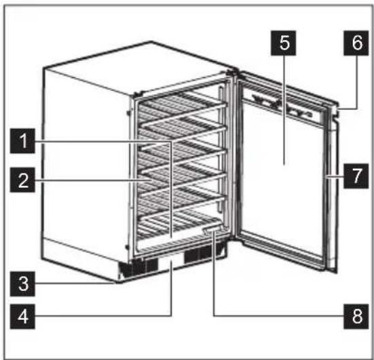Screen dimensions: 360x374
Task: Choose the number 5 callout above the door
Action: click(283, 43)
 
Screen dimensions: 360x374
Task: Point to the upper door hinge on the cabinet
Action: click(233, 73)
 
